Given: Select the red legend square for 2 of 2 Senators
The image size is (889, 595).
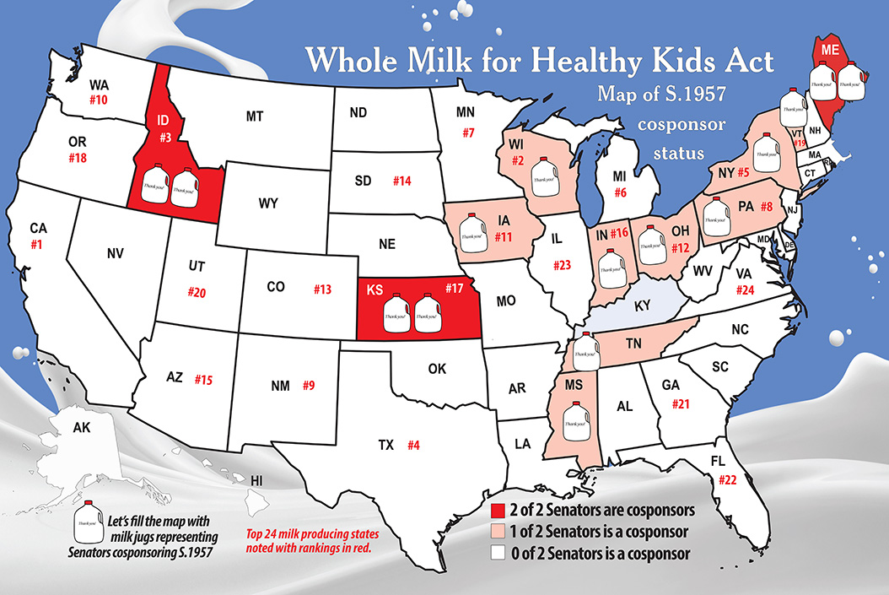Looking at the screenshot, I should tap(498, 511).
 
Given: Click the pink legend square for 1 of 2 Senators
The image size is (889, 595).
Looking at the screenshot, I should tap(498, 533).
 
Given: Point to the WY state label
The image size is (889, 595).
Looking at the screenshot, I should tap(268, 203).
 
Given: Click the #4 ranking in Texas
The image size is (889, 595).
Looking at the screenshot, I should tap(413, 445).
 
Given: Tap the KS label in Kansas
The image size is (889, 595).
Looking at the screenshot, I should tap(375, 289).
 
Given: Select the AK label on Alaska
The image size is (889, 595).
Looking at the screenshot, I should tap(82, 428).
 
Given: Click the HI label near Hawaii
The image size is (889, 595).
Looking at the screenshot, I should tap(257, 480).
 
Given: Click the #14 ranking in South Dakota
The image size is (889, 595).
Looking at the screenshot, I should tap(401, 181).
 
